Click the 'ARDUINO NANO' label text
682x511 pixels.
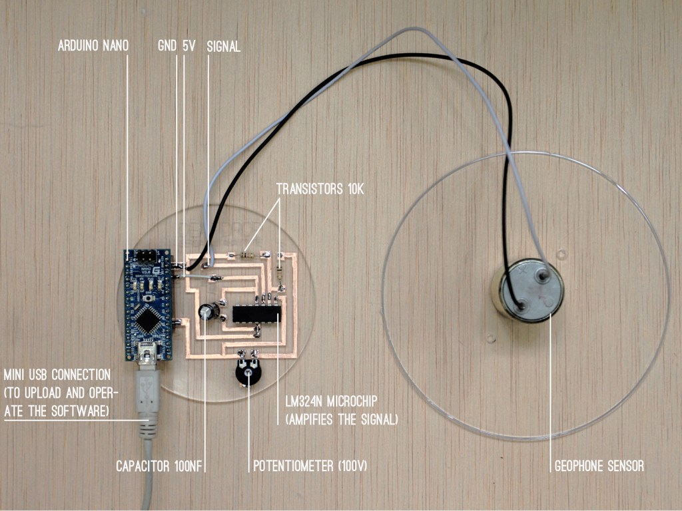coord(93,47)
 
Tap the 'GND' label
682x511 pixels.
coord(167,47)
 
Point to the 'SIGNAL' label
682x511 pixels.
coord(224,47)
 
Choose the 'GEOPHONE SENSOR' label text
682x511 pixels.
coord(599,466)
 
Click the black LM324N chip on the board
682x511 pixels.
coord(255,312)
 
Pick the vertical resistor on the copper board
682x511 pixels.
coord(280,269)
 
